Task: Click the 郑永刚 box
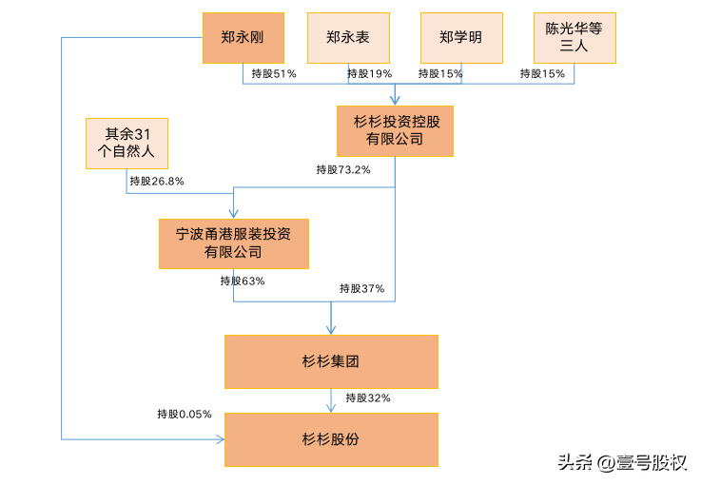243,38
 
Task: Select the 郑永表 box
348,38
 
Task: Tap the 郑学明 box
461,38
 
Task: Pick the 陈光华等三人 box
574,38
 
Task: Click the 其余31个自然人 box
127,144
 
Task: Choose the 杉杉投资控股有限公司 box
395,131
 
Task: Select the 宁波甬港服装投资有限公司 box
234,243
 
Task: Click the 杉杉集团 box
331,361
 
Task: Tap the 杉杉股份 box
331,440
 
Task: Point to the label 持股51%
274,73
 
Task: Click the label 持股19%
369,73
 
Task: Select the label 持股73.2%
343,169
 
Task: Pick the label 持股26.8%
157,181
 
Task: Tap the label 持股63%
243,281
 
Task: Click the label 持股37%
361,288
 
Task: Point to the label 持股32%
368,398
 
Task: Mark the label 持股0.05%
185,414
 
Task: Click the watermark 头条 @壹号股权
622,462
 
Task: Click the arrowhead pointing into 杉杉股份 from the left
221,439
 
